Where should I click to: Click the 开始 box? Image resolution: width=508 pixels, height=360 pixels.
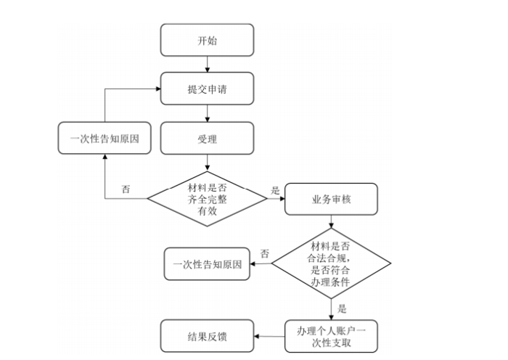coord(207,40)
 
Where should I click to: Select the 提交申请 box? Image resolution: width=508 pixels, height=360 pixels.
coord(207,89)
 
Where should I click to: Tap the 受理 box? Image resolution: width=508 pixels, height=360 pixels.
coord(207,138)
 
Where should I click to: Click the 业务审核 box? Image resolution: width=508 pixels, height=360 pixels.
coord(332,198)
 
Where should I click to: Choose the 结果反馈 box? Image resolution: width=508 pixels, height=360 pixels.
coord(207,337)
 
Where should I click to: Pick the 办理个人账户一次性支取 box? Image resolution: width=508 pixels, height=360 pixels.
coord(332,337)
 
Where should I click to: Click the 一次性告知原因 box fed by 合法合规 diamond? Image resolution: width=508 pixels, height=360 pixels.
coord(207,264)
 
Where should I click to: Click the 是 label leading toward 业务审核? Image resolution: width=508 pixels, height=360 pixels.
coord(275,189)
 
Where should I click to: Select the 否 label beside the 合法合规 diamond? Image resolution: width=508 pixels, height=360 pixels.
coord(264,254)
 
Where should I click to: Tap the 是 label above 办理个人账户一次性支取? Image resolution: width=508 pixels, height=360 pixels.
coord(342,308)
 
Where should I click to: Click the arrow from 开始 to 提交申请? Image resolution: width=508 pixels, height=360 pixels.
coord(208,65)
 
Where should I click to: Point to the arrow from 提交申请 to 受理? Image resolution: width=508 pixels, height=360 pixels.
coord(208,113)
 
